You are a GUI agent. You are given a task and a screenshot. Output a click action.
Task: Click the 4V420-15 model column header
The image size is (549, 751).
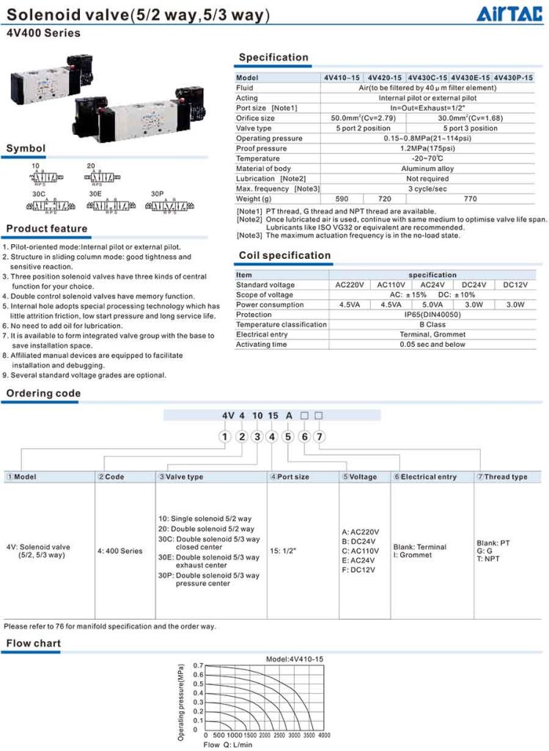[x=385, y=78]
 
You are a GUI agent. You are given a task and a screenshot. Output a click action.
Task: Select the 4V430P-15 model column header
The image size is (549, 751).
[x=513, y=78]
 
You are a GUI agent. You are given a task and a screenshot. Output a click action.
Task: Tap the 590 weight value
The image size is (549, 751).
[x=342, y=199]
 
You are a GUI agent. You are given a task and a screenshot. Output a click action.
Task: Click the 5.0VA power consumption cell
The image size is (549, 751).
[x=432, y=304]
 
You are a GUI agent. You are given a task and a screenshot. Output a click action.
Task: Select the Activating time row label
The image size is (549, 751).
[x=262, y=344]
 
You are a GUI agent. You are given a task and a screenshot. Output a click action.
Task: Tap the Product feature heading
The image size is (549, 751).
[x=47, y=229]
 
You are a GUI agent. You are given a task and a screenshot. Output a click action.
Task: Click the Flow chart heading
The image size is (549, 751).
[x=34, y=643]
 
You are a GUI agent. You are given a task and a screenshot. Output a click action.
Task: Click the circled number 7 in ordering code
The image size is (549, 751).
[x=319, y=436]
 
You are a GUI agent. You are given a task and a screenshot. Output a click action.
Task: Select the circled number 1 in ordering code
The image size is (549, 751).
[x=225, y=436]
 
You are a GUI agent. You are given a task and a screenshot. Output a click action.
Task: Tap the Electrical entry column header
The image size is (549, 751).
[x=428, y=477]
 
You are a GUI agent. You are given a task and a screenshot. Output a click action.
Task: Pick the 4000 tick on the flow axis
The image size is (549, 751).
[x=324, y=735]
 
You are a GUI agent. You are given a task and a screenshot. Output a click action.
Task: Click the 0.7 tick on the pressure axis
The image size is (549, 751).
[x=198, y=665]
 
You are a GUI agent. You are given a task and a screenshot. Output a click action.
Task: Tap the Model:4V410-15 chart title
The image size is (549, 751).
[x=294, y=659]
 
